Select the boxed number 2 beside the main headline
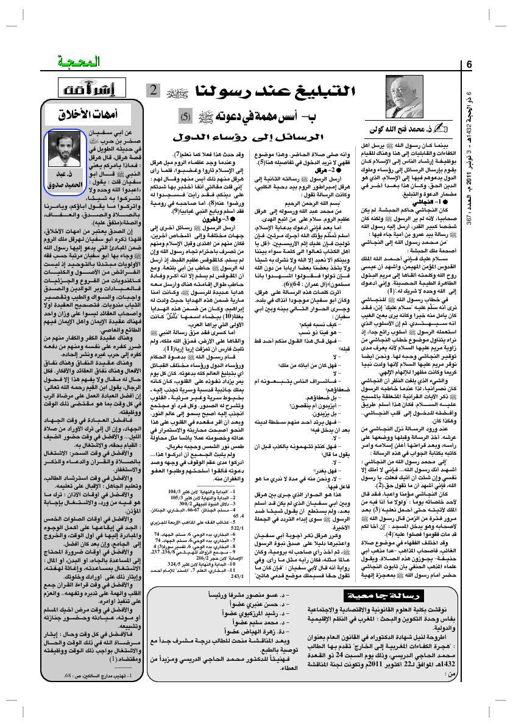pos(150,92)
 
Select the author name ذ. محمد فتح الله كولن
pos(406,130)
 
